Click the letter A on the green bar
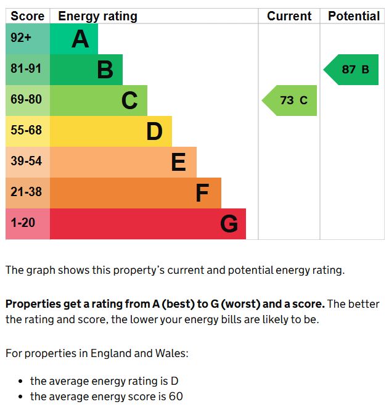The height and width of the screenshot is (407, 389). [x=80, y=39]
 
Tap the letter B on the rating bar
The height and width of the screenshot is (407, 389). [x=105, y=70]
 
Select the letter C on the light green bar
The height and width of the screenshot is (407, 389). [x=129, y=101]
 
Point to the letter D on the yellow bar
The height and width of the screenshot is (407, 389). [x=154, y=131]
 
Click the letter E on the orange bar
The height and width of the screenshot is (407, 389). [x=178, y=162]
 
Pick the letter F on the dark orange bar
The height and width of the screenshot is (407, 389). [x=202, y=193]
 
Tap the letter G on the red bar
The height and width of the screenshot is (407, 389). [x=229, y=224]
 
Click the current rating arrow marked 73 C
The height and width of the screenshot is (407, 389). [x=290, y=101]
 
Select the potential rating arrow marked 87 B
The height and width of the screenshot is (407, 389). [x=352, y=70]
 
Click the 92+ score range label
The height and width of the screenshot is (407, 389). [x=21, y=38]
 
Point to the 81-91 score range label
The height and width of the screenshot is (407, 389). [x=26, y=69]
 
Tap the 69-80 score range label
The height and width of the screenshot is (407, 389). [x=26, y=99]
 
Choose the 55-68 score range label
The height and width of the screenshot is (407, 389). [x=26, y=130]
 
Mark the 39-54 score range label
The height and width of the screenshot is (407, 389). [x=26, y=161]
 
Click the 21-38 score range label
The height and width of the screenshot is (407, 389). [x=26, y=192]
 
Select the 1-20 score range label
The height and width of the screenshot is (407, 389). [x=23, y=223]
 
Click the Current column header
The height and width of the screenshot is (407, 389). [x=289, y=16]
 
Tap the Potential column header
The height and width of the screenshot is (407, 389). [x=354, y=16]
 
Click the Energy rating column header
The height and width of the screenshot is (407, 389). [x=97, y=16]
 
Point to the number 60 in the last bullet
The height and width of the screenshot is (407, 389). [x=176, y=397]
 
